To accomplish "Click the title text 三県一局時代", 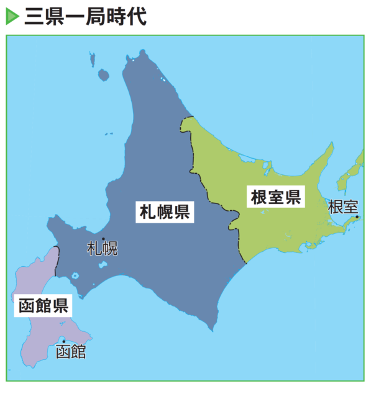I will (85, 16).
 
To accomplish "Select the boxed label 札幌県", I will (164, 213).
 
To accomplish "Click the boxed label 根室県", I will (275, 197).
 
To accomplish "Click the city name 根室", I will (342, 206).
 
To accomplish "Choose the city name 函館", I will (71, 353).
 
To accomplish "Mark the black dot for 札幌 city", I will (103, 239).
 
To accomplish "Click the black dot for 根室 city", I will (357, 217).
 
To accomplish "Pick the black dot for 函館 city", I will (63, 342).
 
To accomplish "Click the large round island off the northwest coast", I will (103, 75).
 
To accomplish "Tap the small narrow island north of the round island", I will (93, 60).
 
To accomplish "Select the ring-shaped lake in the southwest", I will (75, 276).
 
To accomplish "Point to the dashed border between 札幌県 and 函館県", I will (57, 261).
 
